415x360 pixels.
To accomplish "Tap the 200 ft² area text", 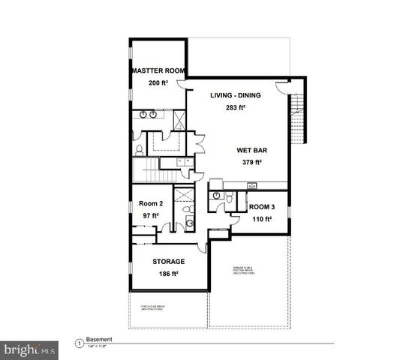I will [158, 84].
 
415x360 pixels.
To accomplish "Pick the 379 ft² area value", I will [248, 162].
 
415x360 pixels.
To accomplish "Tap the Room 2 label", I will [151, 203].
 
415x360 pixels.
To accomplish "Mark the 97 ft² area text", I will [150, 216].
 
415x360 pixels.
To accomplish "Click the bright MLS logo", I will [30, 349].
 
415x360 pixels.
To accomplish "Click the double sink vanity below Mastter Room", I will [148, 115].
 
